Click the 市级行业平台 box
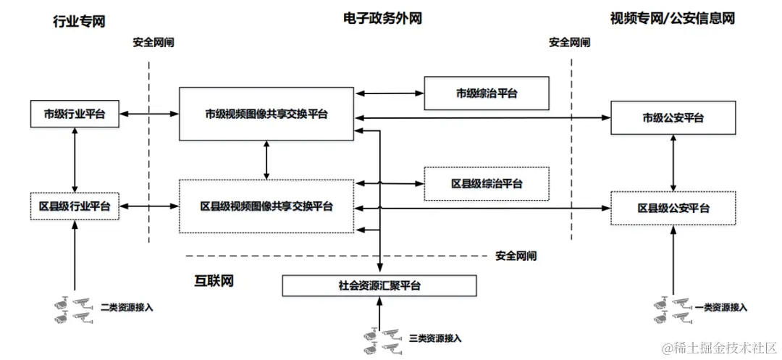point(75,114)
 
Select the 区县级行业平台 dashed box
point(75,206)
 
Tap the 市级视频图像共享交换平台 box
point(266,114)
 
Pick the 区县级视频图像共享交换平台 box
point(266,206)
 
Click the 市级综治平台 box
point(486,93)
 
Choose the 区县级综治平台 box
point(486,183)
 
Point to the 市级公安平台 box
point(673,117)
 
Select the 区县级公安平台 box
point(673,208)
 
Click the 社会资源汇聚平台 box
point(379,285)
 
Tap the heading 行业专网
point(80,21)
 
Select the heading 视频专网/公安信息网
point(673,19)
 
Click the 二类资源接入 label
point(126,307)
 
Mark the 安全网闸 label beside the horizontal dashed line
point(516,256)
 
